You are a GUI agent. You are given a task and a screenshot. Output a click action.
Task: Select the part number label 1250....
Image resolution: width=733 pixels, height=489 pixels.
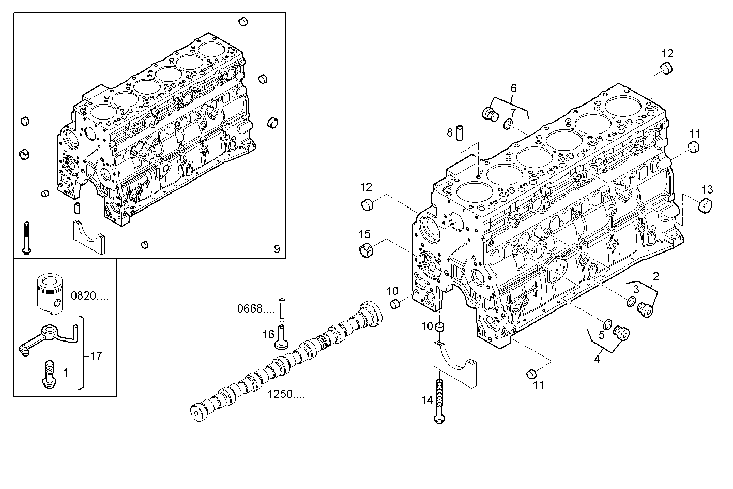[286, 394]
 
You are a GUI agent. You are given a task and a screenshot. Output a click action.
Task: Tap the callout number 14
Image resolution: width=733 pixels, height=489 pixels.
[426, 399]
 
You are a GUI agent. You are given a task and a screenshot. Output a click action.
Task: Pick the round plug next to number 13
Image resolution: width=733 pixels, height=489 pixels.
[706, 205]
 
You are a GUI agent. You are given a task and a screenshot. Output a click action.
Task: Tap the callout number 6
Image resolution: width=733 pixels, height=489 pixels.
[513, 88]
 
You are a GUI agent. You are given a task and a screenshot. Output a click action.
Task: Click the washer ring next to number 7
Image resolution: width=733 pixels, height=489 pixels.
[508, 124]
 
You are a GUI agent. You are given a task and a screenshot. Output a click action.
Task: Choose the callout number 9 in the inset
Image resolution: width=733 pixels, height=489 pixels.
[277, 249]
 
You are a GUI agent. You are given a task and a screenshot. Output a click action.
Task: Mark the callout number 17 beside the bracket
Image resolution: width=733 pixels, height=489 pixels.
[96, 356]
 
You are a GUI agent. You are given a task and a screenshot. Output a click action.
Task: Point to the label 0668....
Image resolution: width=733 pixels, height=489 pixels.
[256, 309]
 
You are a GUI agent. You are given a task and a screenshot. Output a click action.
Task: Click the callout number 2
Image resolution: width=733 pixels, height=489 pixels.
[655, 275]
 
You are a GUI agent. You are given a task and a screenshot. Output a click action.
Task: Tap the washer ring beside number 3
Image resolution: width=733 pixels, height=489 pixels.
[631, 301]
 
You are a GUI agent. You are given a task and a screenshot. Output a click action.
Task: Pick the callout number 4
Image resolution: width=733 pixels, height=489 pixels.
[597, 359]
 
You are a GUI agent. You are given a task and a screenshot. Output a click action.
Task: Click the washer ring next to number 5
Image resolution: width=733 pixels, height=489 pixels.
[607, 324]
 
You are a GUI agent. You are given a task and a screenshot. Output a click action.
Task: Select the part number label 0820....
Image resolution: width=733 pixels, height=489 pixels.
[89, 296]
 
